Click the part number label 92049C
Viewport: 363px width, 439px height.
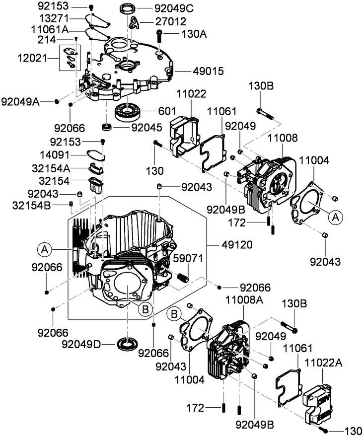pos(161,9)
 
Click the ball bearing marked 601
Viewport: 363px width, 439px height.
pos(127,111)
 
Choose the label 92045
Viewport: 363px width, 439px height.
pos(146,127)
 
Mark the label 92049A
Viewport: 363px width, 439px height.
pos(20,101)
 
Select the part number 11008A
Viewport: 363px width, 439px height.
pos(243,299)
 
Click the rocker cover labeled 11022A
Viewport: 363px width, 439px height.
pos(316,400)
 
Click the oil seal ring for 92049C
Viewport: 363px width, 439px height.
pos(129,8)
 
